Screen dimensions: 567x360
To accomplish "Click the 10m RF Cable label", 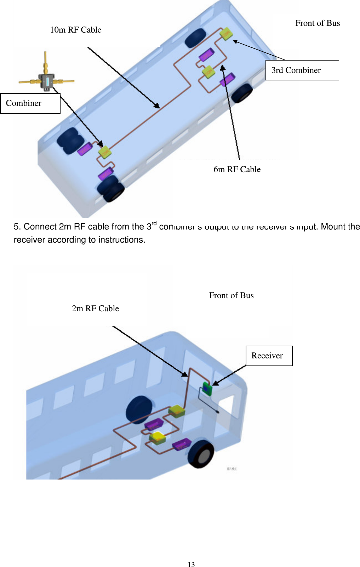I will [75, 30].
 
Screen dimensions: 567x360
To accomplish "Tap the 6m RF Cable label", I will [237, 169].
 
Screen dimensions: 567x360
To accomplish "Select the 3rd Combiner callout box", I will [302, 70].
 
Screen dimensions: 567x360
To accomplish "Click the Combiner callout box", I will [30, 103].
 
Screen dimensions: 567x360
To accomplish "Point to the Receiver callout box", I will [269, 356].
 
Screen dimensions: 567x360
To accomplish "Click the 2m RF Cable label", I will [95, 308].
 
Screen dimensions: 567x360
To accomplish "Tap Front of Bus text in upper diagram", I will [317, 23].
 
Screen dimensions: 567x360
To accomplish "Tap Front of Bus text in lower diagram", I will [231, 295].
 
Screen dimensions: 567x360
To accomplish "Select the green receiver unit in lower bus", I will [207, 389].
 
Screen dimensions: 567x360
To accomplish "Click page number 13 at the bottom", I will [191, 565].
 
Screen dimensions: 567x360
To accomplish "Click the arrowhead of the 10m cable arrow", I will [158, 106].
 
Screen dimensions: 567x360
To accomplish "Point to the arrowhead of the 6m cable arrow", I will [223, 67].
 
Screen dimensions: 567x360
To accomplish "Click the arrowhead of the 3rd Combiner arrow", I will [235, 41].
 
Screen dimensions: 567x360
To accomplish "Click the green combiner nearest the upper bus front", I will [226, 34].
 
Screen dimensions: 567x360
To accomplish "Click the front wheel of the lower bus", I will [201, 454].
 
